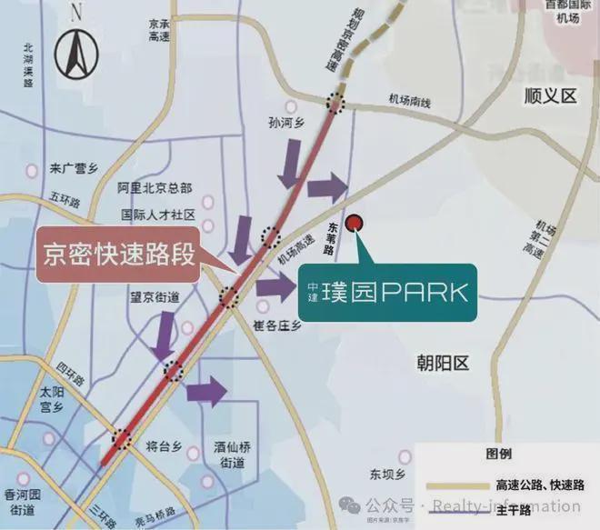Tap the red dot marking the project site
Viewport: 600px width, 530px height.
point(355,221)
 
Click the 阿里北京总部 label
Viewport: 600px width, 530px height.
point(155,188)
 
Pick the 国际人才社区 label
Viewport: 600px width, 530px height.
point(158,215)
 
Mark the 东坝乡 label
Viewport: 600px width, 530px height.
point(385,474)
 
